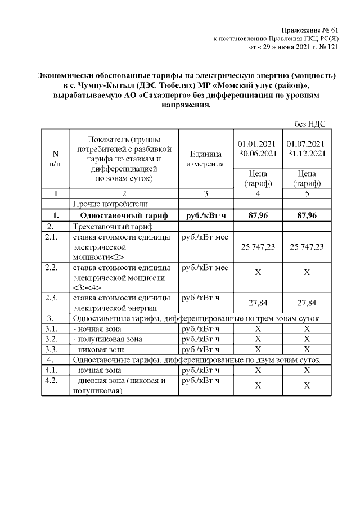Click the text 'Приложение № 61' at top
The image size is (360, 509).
[311, 30]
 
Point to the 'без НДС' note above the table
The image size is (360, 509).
[310, 124]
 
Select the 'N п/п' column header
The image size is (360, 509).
[55, 158]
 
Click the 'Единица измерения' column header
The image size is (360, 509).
[205, 159]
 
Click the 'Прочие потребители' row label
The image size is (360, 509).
[110, 204]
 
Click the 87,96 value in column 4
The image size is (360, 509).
[258, 215]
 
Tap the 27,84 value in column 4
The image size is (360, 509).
[258, 303]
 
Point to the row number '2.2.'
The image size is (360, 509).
[52, 268]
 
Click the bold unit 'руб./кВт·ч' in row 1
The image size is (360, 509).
[205, 215]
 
